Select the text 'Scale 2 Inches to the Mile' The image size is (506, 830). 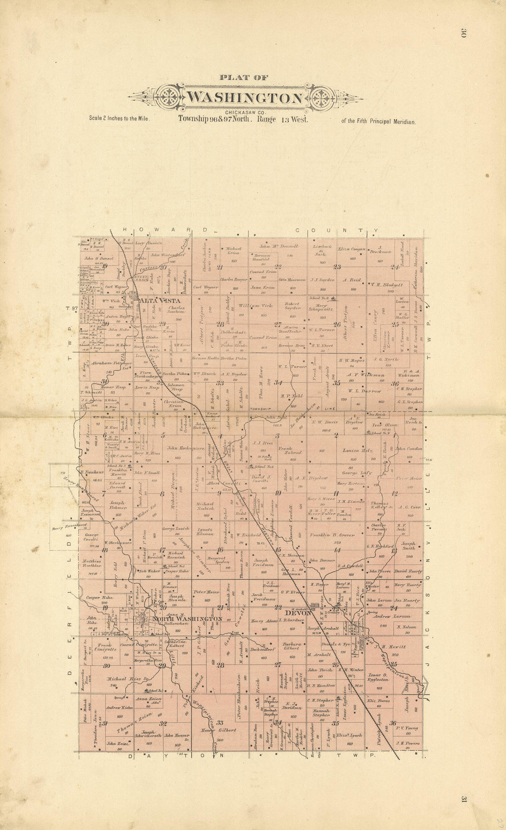120,118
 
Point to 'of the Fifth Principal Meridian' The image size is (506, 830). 378,122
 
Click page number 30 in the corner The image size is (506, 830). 463,34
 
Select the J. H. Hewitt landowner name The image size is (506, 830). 391,646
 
